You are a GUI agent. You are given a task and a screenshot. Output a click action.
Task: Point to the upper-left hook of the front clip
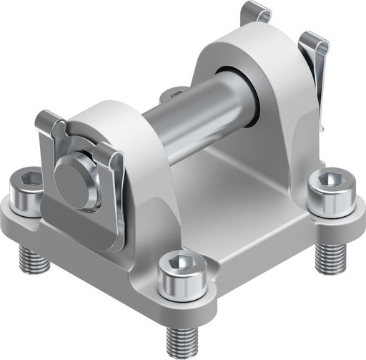(x=50, y=122)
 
